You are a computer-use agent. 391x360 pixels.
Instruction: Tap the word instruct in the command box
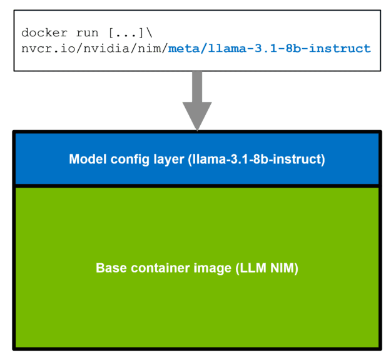pos(342,48)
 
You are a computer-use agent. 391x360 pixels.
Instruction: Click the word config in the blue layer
pos(128,159)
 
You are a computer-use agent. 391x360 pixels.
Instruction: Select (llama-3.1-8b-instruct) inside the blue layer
pos(256,159)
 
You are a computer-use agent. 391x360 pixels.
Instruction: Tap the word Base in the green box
pos(110,269)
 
